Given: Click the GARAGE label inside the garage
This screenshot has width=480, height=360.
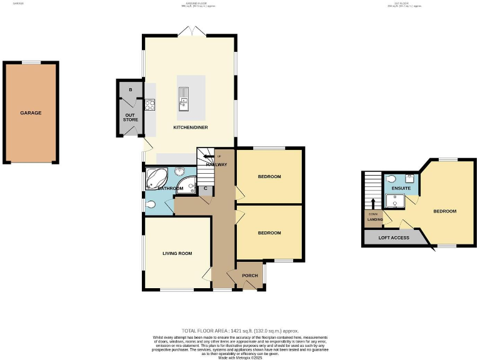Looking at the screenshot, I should tap(31, 113).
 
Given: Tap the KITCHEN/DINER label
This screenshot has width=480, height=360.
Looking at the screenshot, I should tap(191, 127).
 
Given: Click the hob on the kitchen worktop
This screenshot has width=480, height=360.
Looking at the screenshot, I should tap(150, 105).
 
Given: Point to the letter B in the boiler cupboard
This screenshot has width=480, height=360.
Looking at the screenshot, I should tap(131, 90).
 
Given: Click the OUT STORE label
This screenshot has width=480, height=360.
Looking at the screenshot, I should tap(130, 117).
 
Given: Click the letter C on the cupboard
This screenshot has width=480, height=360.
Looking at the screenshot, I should tap(205, 188).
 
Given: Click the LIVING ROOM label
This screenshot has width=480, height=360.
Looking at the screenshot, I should tap(177, 253).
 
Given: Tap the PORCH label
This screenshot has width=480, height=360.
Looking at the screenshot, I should tap(249, 276).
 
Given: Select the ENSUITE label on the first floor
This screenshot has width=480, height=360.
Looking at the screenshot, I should tap(401, 188).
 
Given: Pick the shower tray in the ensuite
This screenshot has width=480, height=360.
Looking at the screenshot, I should tap(394, 200).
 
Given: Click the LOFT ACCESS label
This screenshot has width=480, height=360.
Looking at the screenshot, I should tap(394, 238).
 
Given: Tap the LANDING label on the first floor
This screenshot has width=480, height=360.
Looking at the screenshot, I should tap(374, 219).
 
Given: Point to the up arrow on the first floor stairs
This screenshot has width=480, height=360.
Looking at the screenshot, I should tap(373, 204).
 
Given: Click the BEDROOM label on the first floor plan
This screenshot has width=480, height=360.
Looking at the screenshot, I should tap(445, 211).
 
